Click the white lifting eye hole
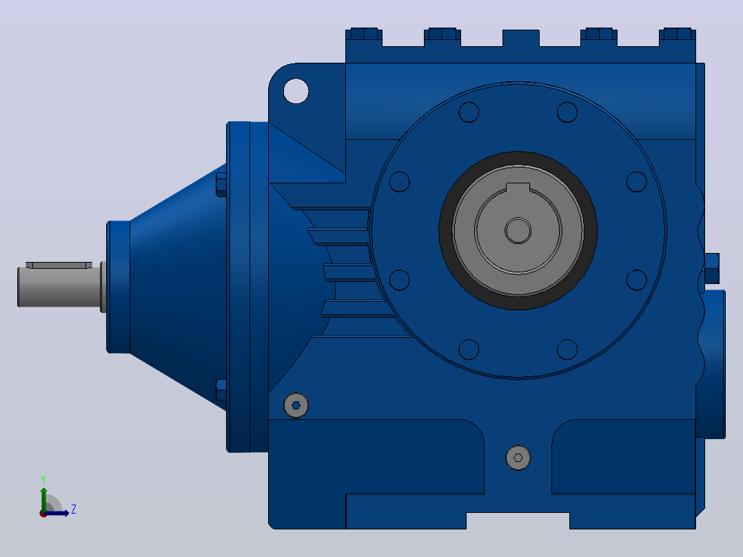click(296, 90)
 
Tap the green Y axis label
click(43, 479)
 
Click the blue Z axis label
click(74, 509)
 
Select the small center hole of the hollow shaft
click(518, 231)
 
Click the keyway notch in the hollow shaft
click(518, 188)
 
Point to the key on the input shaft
click(59, 265)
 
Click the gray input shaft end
click(59, 287)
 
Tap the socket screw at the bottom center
click(518, 458)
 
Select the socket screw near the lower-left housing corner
click(296, 405)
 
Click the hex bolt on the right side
click(711, 268)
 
